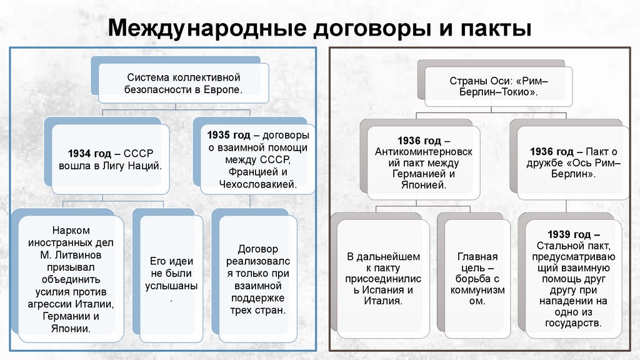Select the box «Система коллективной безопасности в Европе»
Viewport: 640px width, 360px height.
(x=184, y=84)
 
